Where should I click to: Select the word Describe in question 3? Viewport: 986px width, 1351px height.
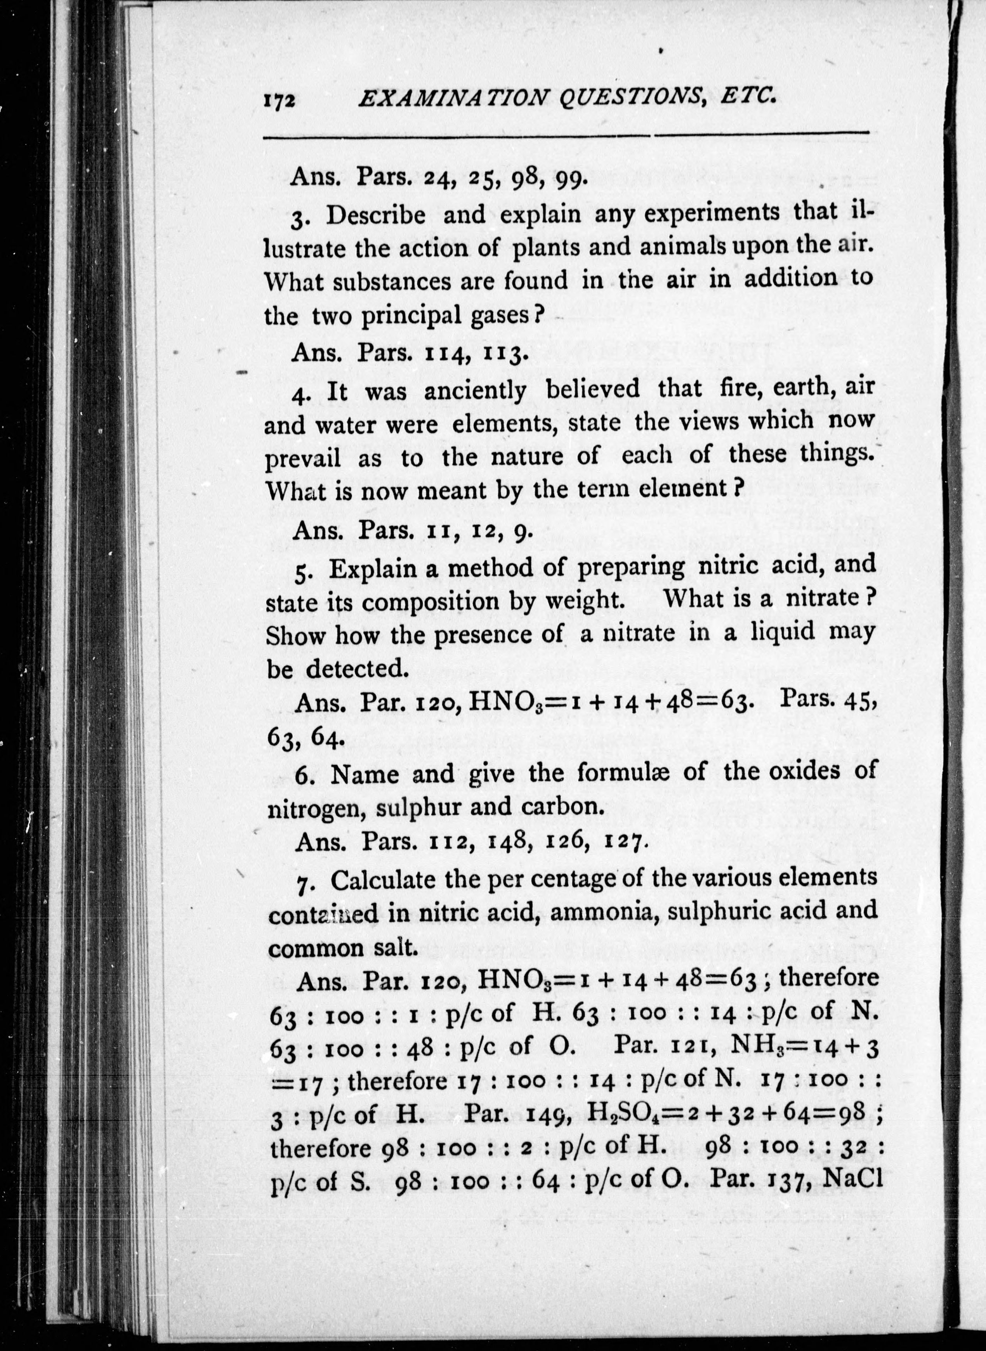375,215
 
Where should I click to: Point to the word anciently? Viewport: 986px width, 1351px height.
476,391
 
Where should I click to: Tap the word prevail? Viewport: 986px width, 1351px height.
303,459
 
